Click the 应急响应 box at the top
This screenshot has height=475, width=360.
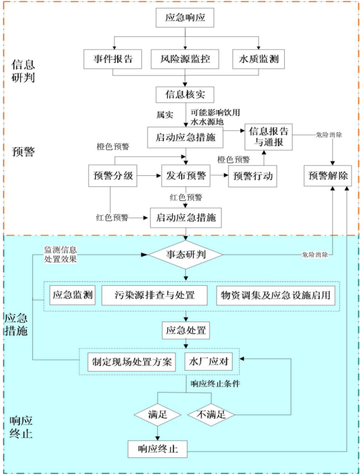point(185,18)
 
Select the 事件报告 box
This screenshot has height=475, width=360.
point(113,59)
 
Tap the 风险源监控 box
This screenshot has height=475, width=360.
point(185,59)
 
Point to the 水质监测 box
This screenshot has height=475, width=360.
point(259,59)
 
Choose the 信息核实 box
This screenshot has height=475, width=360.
point(185,95)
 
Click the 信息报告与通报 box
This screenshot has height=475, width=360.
point(268,137)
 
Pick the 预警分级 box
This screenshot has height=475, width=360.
point(113,176)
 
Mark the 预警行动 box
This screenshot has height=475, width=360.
point(253,176)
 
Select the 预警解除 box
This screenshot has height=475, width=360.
point(328,176)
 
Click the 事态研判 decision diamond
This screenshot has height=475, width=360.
point(185,255)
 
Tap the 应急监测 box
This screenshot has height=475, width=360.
point(72,295)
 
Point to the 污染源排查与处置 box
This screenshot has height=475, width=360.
point(155,295)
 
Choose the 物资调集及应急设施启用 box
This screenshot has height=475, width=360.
point(276,295)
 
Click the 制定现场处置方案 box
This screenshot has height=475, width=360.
point(132,362)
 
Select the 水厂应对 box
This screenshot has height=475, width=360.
point(208,362)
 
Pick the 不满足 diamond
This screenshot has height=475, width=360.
point(211,414)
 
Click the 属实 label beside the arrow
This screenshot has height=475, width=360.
point(165,115)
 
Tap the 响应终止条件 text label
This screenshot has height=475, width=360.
point(215,384)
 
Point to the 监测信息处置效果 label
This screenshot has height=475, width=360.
point(60,254)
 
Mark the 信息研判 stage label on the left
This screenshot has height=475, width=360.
point(23,71)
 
